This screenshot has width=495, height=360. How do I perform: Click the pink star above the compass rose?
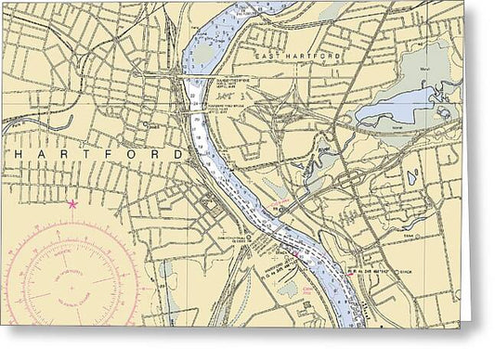pyautogui.click(x=72, y=203)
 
